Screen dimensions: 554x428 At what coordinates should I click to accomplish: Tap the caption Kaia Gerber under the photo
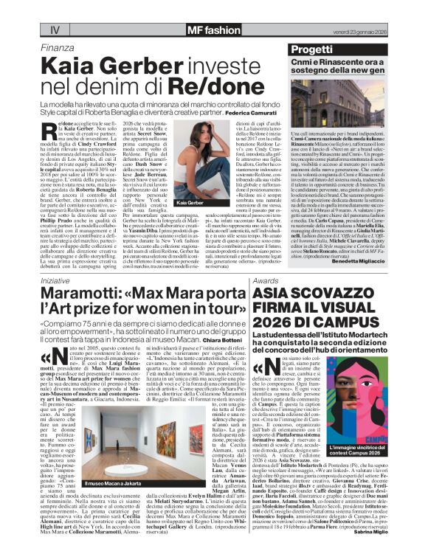pyautogui.click(x=190, y=201)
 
